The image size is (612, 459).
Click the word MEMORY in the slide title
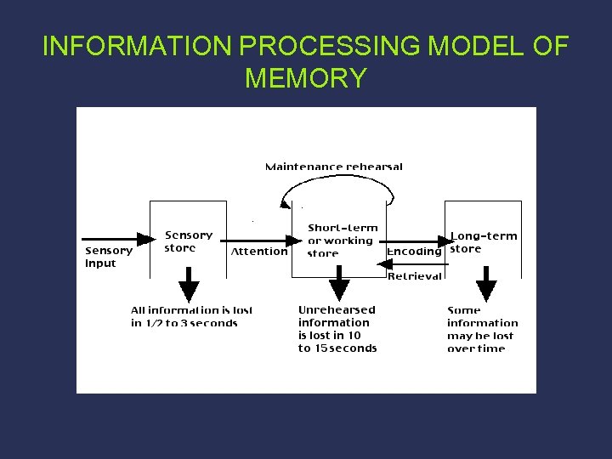pyautogui.click(x=306, y=78)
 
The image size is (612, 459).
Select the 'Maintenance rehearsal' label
pyautogui.click(x=334, y=167)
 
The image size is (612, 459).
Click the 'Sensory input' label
pyautogui.click(x=109, y=257)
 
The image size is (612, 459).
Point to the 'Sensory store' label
pyautogui.click(x=188, y=241)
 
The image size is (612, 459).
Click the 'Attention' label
pyautogui.click(x=259, y=252)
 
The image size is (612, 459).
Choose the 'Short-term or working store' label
pyautogui.click(x=342, y=241)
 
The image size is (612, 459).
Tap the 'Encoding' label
pyautogui.click(x=414, y=252)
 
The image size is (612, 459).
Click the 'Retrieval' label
pyautogui.click(x=415, y=275)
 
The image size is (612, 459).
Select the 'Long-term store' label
pyautogui.click(x=483, y=242)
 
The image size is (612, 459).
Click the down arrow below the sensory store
pyautogui.click(x=189, y=285)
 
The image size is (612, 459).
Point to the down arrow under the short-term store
pyautogui.click(x=340, y=285)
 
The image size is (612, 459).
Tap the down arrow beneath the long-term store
pyautogui.click(x=486, y=285)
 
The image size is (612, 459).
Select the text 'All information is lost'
pyautogui.click(x=191, y=310)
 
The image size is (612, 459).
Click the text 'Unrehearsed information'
pyautogui.click(x=336, y=316)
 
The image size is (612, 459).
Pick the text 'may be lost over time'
pyautogui.click(x=480, y=342)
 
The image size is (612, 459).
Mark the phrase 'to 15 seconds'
pyautogui.click(x=337, y=348)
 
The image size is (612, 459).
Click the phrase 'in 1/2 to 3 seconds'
pyautogui.click(x=184, y=323)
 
